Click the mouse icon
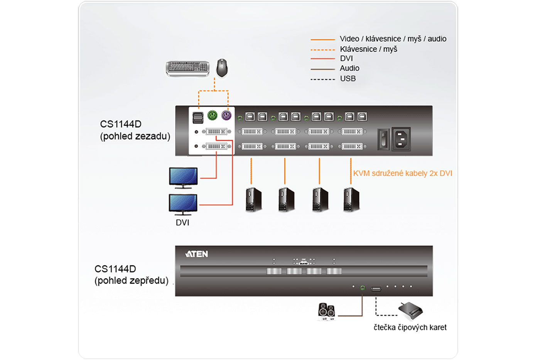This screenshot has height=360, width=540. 222,68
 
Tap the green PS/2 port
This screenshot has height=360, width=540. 212,115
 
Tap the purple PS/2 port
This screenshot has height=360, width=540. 226,115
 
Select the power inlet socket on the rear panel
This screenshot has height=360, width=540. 401,139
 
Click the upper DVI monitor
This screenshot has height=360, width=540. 183,177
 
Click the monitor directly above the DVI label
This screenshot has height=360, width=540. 183,204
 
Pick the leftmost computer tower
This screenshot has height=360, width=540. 253,199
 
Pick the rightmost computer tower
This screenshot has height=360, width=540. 351,199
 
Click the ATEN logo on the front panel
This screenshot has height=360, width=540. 197,254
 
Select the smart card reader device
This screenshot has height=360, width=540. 410,310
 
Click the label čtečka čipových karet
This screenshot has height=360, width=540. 410,328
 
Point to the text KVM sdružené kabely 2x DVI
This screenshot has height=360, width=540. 402,173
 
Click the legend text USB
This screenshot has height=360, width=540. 348,79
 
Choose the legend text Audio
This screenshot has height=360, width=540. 349,68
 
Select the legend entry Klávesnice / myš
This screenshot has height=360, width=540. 368,49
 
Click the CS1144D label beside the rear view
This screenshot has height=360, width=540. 121,124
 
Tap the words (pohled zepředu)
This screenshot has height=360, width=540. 132,281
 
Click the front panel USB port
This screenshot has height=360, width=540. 376,289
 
